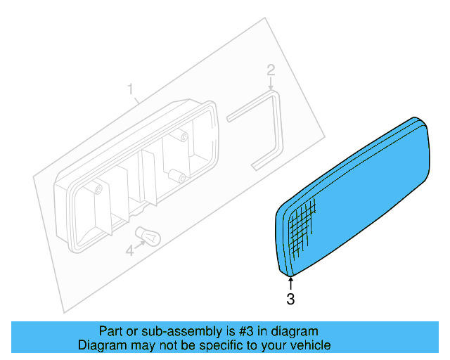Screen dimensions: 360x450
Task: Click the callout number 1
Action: pyautogui.click(x=130, y=89)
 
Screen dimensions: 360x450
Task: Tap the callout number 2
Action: pyautogui.click(x=271, y=70)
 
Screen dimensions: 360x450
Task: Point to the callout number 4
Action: pyautogui.click(x=129, y=250)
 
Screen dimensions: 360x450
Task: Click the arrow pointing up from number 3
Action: pyautogui.click(x=290, y=283)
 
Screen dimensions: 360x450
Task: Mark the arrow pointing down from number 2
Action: pyautogui.click(x=271, y=84)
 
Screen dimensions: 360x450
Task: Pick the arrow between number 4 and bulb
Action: pyautogui.click(x=139, y=244)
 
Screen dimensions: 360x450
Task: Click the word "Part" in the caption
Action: pyautogui.click(x=110, y=331)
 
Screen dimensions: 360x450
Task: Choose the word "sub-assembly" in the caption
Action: pyautogui.click(x=172, y=331)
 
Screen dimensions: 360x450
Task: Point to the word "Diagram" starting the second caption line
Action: pyautogui.click(x=101, y=345)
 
